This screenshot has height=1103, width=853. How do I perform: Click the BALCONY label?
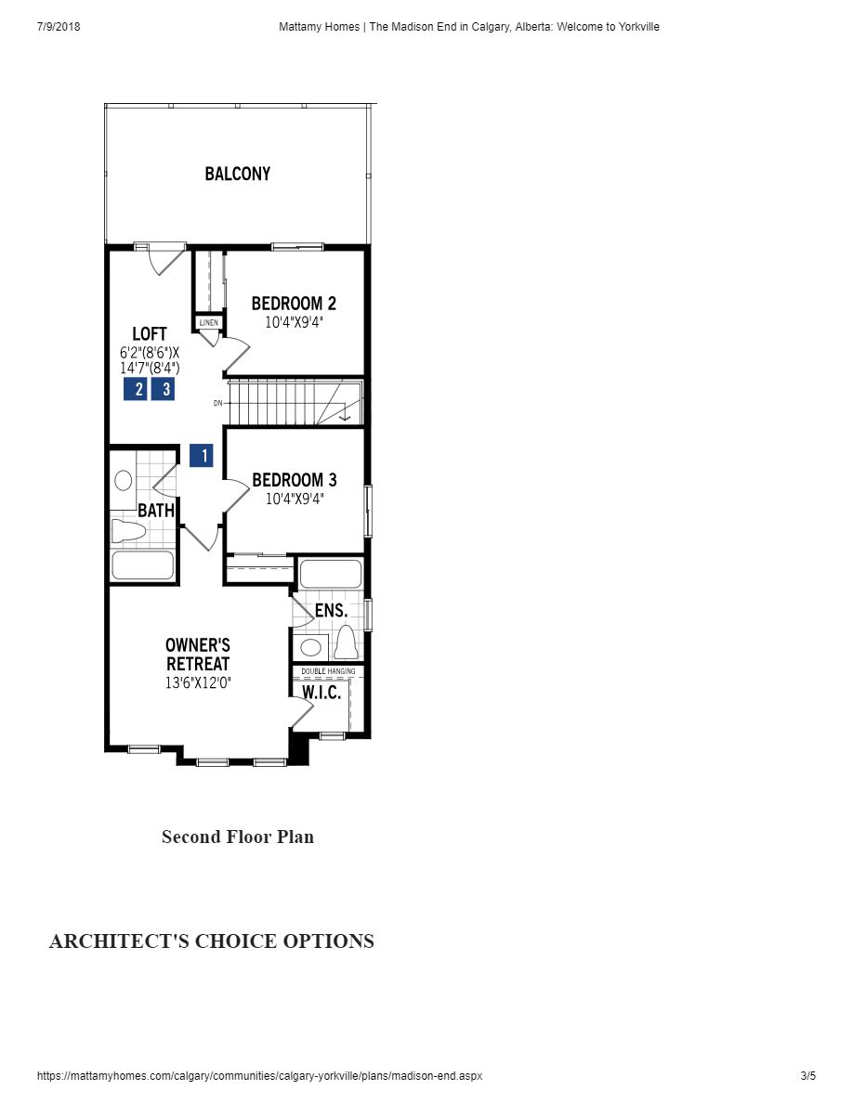point(238,174)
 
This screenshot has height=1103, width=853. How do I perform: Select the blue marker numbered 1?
point(201,456)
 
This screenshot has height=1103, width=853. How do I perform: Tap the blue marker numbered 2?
point(136,389)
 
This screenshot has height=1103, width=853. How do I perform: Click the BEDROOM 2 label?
point(294,304)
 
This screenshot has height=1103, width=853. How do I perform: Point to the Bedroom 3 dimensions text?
point(294,499)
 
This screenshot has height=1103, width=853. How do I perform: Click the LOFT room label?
point(150,334)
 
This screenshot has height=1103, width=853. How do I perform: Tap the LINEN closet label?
point(209,322)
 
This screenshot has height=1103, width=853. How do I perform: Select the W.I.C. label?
point(322,693)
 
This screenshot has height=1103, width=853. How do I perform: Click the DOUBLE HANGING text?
point(328,670)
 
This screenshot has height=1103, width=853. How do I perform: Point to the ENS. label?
point(331,610)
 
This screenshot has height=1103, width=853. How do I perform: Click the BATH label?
point(155,511)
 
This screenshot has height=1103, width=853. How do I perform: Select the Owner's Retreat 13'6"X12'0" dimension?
point(197,682)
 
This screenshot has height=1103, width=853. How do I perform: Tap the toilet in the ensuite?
point(346,642)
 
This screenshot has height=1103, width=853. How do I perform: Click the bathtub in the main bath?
point(142,565)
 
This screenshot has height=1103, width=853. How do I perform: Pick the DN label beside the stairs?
point(217,403)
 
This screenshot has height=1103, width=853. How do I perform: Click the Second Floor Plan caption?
point(238,837)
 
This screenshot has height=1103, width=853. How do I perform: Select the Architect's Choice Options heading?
point(212,941)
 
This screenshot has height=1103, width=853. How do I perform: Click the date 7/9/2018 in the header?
point(59,27)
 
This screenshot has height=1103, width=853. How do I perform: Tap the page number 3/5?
point(807,1076)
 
